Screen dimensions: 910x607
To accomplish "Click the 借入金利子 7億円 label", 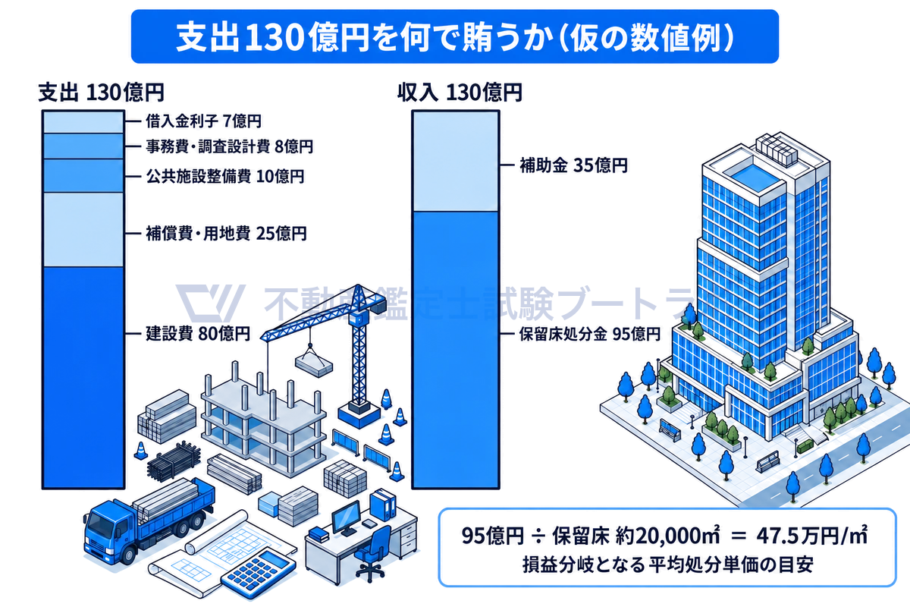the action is (x=203, y=121).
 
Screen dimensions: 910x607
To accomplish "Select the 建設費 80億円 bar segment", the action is (x=83, y=377).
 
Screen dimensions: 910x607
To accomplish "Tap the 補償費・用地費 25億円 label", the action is (x=226, y=234).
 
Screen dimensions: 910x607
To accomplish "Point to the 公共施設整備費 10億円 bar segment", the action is (x=83, y=175).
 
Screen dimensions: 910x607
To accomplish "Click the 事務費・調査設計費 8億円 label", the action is (x=229, y=146).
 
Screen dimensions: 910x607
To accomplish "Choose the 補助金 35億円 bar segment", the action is (x=456, y=162).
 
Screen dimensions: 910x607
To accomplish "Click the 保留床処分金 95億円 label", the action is (x=590, y=334).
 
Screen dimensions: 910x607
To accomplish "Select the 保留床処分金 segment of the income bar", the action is (x=456, y=350).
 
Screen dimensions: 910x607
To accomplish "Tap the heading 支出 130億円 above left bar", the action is (x=101, y=93).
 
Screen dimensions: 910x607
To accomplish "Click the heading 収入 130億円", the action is (x=460, y=93).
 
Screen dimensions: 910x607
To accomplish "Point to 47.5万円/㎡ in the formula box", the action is (x=811, y=536).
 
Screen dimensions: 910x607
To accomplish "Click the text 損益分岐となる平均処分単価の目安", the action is (x=668, y=565).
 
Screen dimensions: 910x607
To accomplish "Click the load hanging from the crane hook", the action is (x=314, y=363).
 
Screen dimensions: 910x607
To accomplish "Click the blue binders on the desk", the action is (x=383, y=505).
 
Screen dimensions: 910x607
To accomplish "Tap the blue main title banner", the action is (x=454, y=36).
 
